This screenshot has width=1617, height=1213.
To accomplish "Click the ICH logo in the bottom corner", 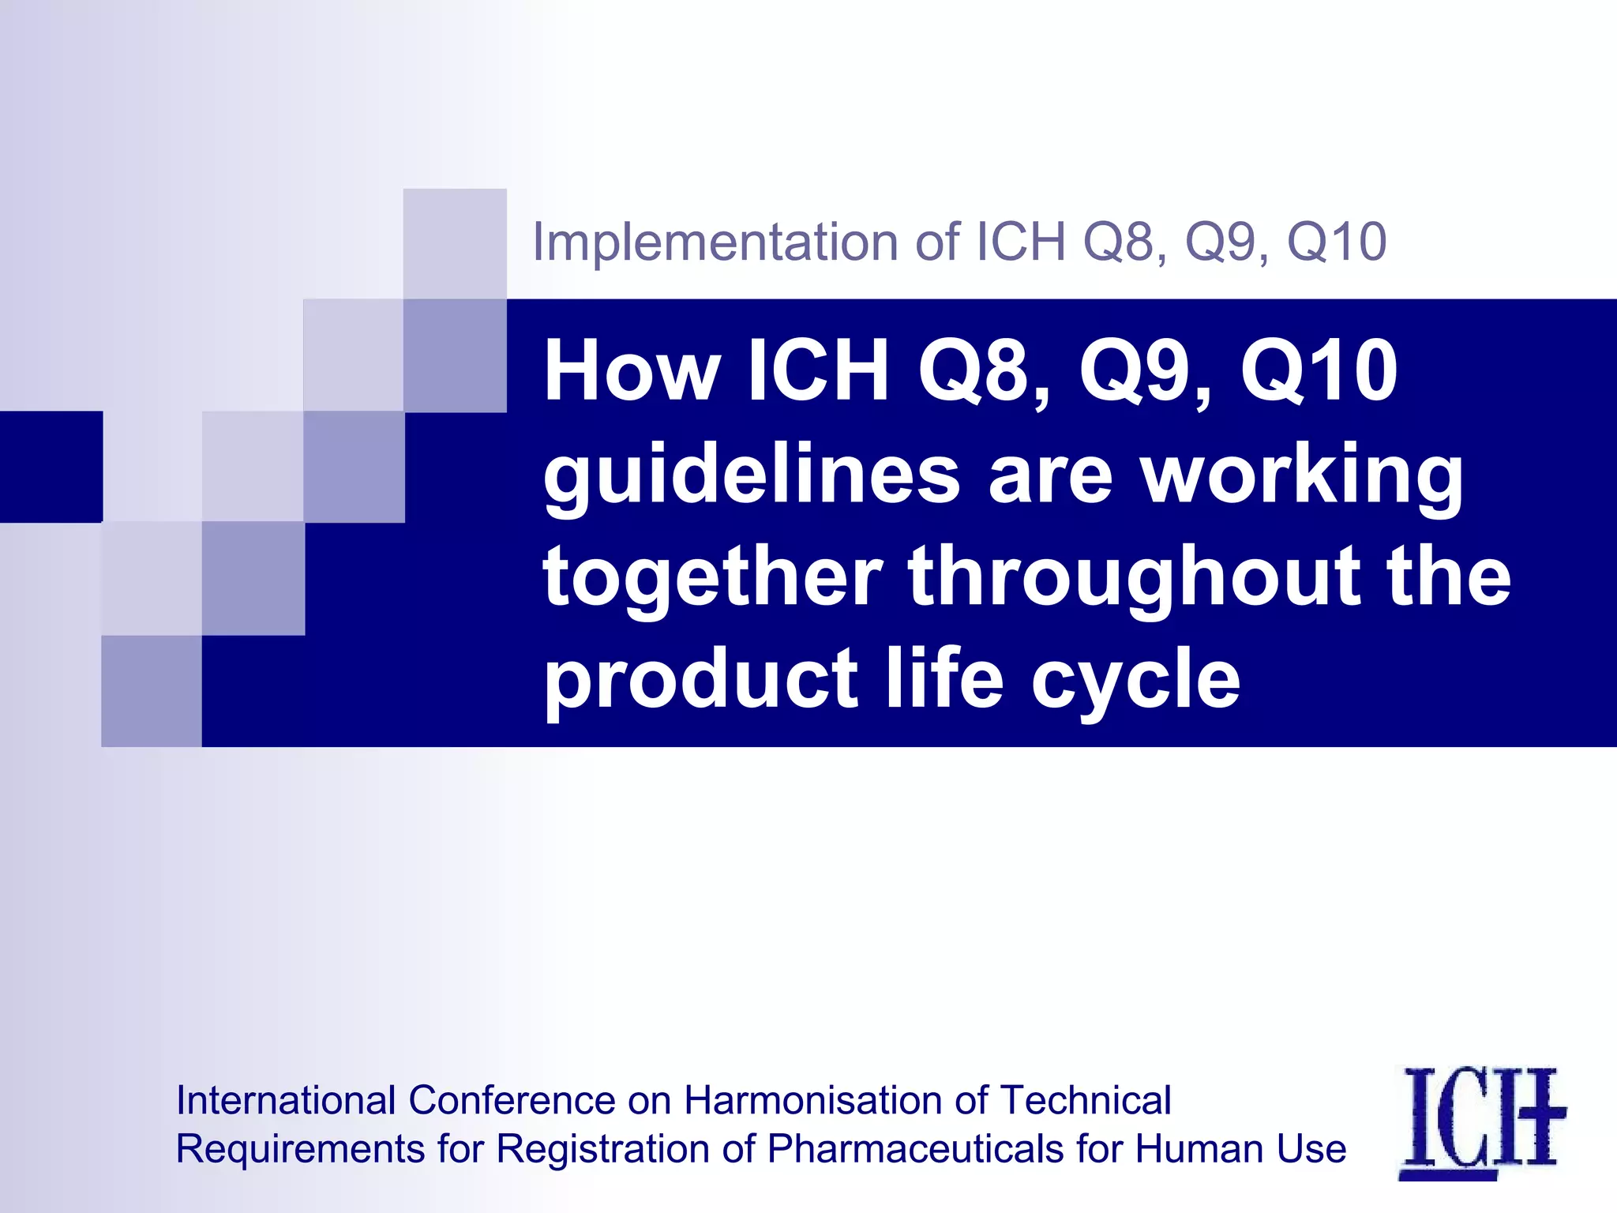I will click(1481, 1121).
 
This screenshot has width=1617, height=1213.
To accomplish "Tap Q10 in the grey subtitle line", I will click(1336, 242).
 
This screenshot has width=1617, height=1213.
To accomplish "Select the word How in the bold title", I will click(632, 371).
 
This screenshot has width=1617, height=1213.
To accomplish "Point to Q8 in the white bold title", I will click(984, 371).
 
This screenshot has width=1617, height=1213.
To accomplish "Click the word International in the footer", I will click(286, 1100).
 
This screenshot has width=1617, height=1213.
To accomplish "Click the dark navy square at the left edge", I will click(51, 466).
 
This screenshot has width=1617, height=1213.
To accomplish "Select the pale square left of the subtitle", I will click(455, 243).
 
